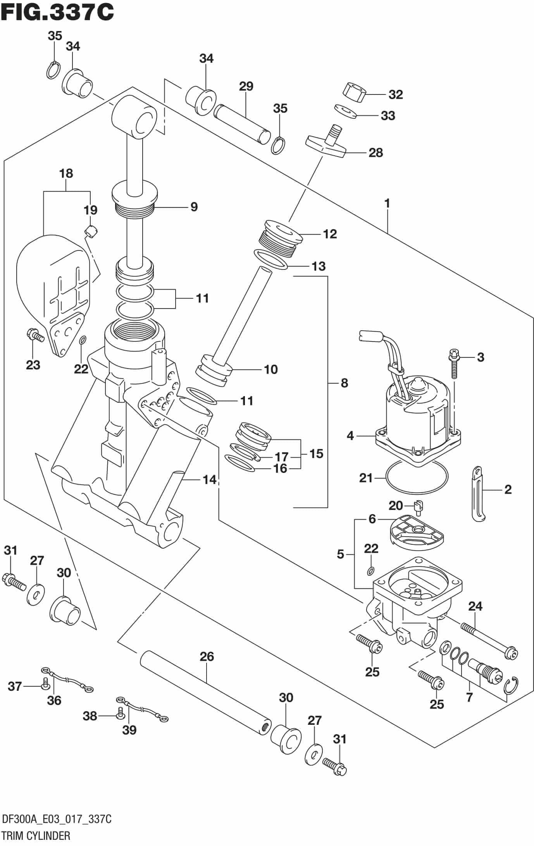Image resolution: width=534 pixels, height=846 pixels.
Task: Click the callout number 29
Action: (x=246, y=86)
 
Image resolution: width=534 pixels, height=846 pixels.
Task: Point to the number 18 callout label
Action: (x=66, y=173)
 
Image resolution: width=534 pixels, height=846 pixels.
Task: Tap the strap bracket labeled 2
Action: (x=478, y=494)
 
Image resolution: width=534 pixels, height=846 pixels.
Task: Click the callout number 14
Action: (x=210, y=480)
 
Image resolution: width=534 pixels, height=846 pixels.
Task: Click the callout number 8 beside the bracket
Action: (x=344, y=383)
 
